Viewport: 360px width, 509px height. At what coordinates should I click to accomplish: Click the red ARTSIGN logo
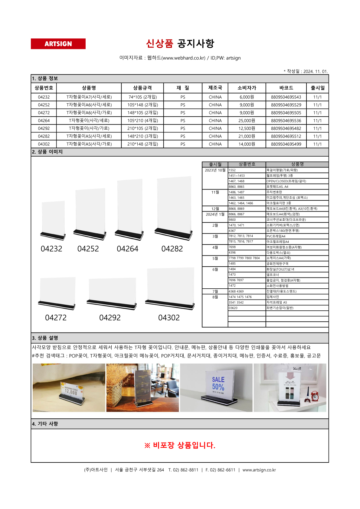(58, 44)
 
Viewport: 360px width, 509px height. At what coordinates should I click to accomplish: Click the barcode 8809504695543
(286, 97)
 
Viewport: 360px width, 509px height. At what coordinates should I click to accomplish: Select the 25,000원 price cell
(247, 121)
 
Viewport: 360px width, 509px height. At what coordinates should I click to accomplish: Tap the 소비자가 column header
(247, 88)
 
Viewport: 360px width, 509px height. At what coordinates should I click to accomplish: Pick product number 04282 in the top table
(44, 136)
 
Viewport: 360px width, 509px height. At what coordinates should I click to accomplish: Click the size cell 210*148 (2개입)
(142, 144)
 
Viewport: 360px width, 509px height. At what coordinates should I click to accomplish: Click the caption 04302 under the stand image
(169, 318)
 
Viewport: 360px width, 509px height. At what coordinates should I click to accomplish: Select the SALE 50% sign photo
(216, 387)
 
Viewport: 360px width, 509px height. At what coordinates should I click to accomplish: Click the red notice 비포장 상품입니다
(180, 445)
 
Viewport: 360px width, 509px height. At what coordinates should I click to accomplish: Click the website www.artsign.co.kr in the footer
(259, 470)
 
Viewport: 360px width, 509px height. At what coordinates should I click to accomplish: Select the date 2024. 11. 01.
(315, 72)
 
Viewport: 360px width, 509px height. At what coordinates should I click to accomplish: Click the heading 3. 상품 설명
(45, 338)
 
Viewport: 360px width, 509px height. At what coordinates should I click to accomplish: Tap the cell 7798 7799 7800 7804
(244, 258)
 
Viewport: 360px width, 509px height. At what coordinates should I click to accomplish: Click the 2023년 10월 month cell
(215, 170)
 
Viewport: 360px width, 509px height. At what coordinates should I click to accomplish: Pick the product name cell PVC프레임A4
(276, 236)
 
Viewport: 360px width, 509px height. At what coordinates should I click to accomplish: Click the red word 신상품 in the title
(159, 44)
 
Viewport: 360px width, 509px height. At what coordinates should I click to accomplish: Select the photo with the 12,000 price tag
(69, 387)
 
